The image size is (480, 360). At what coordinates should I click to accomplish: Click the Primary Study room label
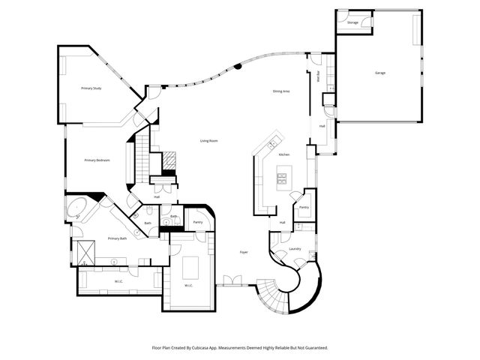click(x=91, y=88)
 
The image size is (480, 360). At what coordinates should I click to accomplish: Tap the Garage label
click(x=380, y=73)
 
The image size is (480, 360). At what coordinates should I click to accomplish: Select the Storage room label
click(x=352, y=23)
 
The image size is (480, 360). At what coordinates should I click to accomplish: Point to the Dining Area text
click(x=281, y=91)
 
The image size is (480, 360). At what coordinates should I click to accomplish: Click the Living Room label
click(x=208, y=141)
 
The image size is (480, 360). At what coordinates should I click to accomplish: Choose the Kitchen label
click(x=284, y=154)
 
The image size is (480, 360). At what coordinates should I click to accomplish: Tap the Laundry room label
click(x=295, y=248)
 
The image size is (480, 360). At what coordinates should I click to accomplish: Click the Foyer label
click(x=244, y=252)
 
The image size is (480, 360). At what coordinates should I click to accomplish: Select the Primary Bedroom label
click(x=97, y=160)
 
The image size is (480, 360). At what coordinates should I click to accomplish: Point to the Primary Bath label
click(x=116, y=238)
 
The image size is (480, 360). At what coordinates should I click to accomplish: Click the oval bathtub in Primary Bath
click(x=77, y=208)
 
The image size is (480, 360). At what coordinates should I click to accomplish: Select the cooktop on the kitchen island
click(x=283, y=178)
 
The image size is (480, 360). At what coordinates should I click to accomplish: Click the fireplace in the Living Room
click(x=170, y=160)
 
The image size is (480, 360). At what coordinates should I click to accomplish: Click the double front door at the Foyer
click(x=233, y=280)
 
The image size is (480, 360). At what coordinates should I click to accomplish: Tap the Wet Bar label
click(x=318, y=76)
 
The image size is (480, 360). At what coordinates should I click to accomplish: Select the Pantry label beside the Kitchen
click(x=304, y=207)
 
